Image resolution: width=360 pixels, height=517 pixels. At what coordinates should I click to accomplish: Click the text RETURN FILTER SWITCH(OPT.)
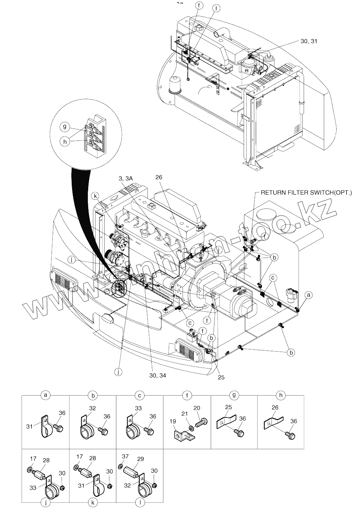tap(306, 192)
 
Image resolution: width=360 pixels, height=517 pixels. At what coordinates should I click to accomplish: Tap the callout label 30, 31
tap(309, 41)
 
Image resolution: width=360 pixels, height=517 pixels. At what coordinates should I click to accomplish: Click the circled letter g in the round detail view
tap(64, 127)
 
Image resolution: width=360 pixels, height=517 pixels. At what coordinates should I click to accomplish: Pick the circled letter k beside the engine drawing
tap(95, 196)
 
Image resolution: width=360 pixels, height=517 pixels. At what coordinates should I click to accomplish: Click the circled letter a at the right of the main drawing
tap(309, 294)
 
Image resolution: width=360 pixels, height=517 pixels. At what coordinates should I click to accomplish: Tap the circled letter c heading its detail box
tap(140, 395)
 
